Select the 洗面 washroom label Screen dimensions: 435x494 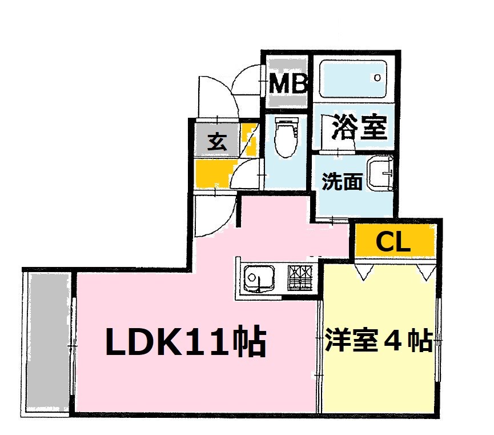click(x=342, y=182)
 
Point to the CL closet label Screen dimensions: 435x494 click(x=393, y=243)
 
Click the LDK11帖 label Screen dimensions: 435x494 click(x=186, y=342)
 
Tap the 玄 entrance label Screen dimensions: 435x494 click(x=217, y=140)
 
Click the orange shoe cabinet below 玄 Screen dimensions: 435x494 click(x=215, y=173)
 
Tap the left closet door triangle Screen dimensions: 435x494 click(x=364, y=271)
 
